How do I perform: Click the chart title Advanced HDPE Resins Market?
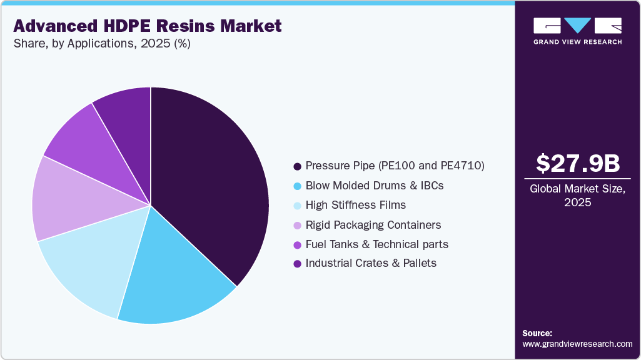click(x=148, y=26)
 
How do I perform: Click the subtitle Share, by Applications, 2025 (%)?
click(x=102, y=44)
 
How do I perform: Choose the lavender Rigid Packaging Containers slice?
click(x=69, y=200)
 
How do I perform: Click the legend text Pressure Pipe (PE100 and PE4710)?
click(x=395, y=166)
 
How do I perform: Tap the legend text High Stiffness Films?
click(x=355, y=205)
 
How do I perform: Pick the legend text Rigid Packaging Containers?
click(x=373, y=224)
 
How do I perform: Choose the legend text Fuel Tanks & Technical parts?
click(x=376, y=244)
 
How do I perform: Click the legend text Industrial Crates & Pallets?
click(x=371, y=263)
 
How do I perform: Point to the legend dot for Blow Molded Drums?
click(x=297, y=186)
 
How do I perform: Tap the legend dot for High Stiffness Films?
click(x=297, y=205)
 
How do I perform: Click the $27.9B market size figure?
click(x=578, y=163)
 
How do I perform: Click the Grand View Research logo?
click(x=577, y=31)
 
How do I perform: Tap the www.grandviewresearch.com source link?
click(x=577, y=344)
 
